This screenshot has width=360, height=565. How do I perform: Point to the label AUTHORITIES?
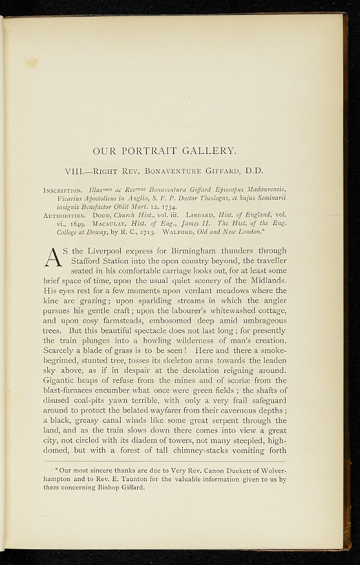tap(63, 216)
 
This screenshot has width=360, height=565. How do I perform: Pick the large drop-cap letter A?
tap(55, 258)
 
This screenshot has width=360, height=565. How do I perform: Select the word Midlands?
tap(267, 280)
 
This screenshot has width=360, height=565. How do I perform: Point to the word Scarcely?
tap(60, 350)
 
